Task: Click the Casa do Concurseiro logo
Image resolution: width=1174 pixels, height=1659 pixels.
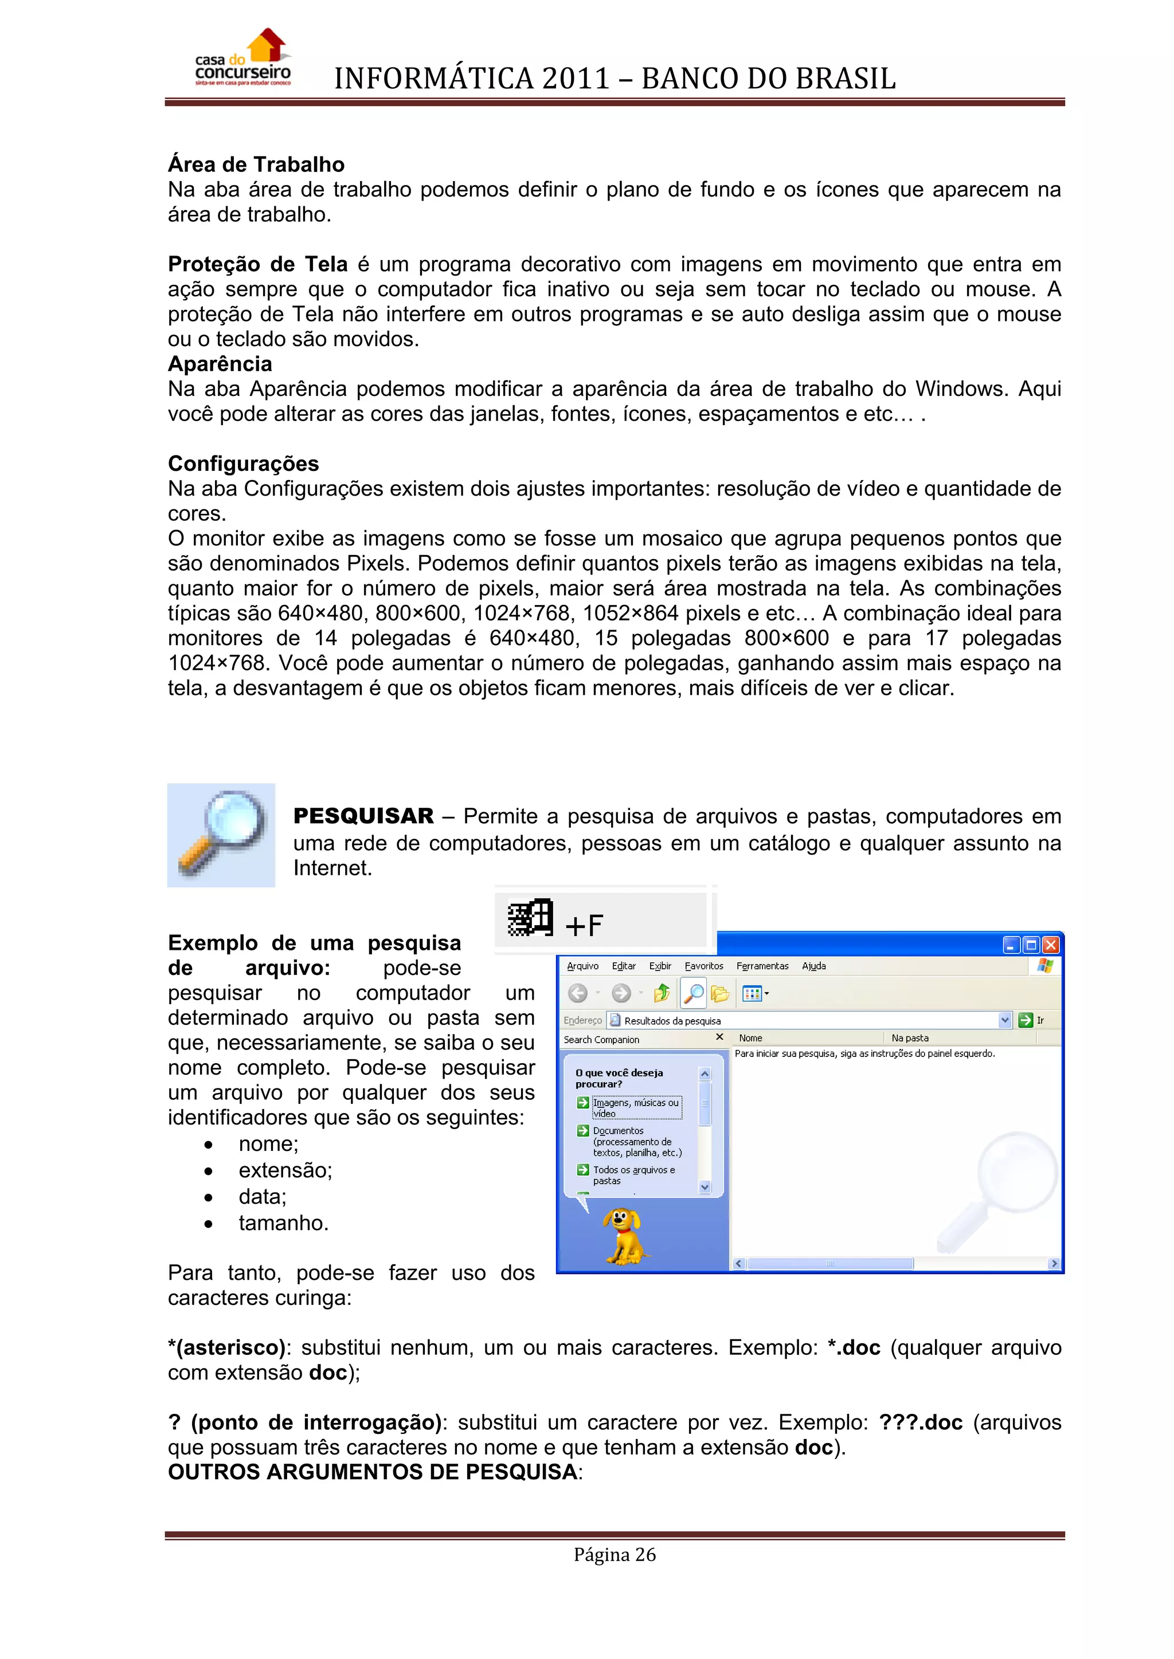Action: click(243, 59)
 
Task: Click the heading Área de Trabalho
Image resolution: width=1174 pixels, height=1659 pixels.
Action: click(256, 165)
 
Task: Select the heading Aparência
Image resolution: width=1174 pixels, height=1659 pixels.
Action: click(220, 364)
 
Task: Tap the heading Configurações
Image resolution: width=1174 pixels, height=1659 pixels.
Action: click(243, 464)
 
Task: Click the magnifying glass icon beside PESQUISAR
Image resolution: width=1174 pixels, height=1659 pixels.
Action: click(221, 835)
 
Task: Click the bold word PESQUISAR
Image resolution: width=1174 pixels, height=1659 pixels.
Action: click(363, 816)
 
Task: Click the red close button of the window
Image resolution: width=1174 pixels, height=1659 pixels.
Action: click(1050, 945)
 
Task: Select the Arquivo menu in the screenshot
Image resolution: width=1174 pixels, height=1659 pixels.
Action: click(582, 966)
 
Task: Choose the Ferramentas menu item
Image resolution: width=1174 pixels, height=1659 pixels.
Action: click(762, 966)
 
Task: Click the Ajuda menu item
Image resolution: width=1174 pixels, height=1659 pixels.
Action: click(813, 966)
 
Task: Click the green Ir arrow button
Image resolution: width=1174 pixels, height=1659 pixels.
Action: click(1024, 1020)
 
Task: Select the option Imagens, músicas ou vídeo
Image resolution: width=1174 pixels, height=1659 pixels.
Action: click(635, 1108)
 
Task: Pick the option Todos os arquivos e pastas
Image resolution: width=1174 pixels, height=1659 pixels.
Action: click(633, 1175)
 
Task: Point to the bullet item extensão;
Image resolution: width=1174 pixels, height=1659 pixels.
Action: click(285, 1170)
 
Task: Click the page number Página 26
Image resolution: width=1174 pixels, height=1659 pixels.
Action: click(615, 1555)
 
